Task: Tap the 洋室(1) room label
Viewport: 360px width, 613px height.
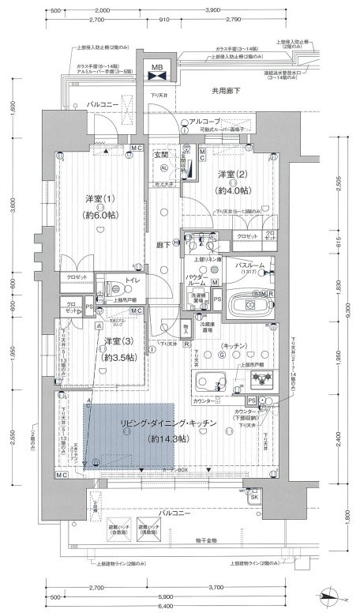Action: [x=101, y=199]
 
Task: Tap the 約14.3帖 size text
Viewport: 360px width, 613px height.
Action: [x=163, y=438]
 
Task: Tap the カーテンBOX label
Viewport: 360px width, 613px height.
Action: [x=174, y=468]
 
